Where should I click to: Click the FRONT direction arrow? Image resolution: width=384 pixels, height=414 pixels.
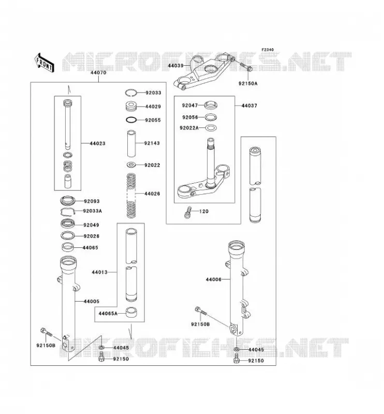tap(44, 62)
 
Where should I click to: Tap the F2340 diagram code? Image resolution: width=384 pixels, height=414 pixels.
tap(268, 50)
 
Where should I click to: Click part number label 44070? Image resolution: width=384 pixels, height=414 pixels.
tap(98, 72)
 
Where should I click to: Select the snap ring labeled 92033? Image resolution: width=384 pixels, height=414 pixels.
tap(131, 93)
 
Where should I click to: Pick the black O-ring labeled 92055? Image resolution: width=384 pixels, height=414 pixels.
tap(131, 120)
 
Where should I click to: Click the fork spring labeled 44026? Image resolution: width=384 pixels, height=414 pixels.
tap(131, 196)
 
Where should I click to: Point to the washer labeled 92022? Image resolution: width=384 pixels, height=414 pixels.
tap(131, 165)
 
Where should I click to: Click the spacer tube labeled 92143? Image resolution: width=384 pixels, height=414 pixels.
tap(131, 143)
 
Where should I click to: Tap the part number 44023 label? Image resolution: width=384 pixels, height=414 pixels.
tap(97, 143)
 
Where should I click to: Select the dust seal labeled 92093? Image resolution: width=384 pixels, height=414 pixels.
tap(68, 201)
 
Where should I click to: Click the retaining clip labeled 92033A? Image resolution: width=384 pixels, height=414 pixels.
tap(68, 212)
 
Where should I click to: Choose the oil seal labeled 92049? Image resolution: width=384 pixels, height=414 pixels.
tap(68, 224)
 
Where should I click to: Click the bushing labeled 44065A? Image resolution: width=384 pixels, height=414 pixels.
tap(131, 312)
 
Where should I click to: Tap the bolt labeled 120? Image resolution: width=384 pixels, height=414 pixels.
tap(187, 212)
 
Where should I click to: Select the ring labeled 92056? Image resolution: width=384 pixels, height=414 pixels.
tap(211, 117)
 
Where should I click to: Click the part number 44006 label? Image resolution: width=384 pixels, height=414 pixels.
tap(214, 279)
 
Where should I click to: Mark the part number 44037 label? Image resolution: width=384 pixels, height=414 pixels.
tap(249, 106)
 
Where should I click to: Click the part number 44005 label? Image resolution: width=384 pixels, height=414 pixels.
tap(92, 301)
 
